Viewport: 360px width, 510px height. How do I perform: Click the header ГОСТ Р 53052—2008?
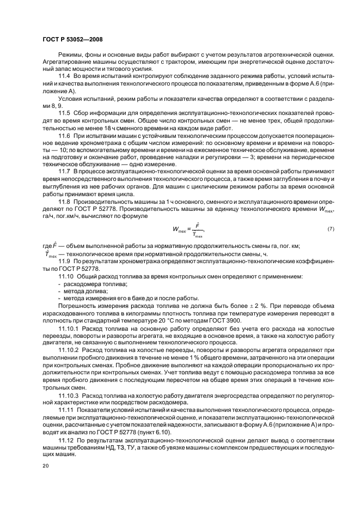tap(72, 39)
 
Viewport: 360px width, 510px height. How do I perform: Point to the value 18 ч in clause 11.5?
tap(95, 126)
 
